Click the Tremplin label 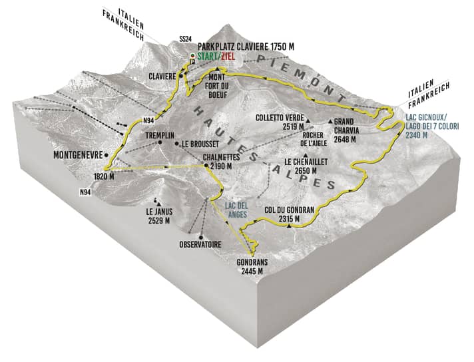coord(159,134)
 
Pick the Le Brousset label coord(197,143)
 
